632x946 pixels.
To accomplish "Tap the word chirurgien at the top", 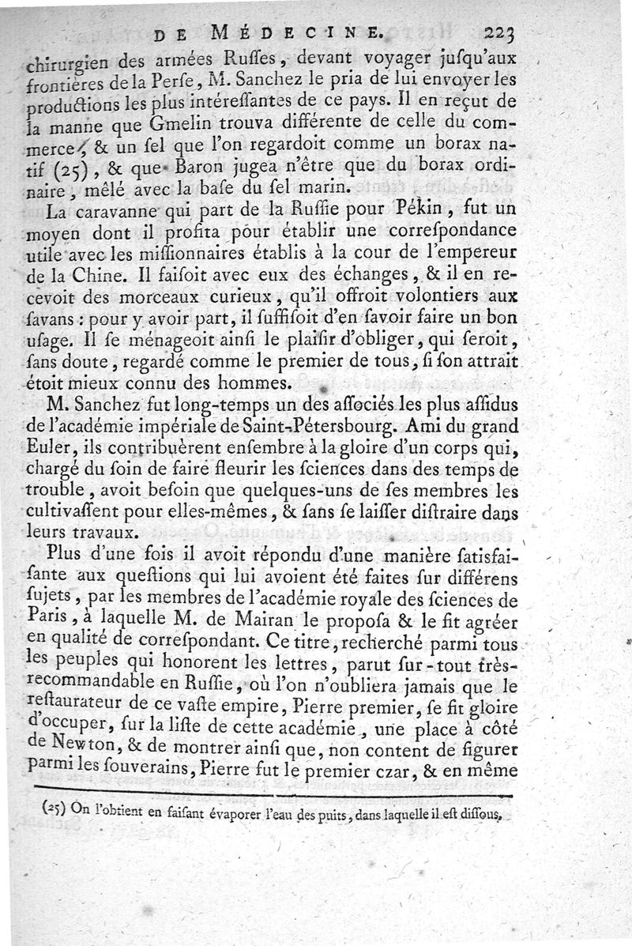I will [75, 58].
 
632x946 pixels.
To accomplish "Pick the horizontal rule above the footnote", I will [273, 795].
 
